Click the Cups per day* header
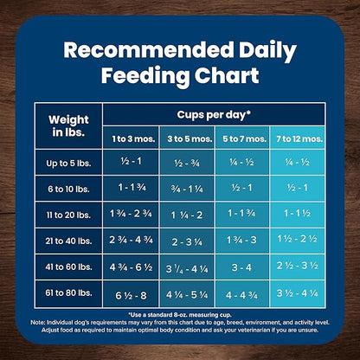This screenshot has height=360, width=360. click(x=214, y=114)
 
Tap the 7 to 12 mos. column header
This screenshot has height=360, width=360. click(x=297, y=138)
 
